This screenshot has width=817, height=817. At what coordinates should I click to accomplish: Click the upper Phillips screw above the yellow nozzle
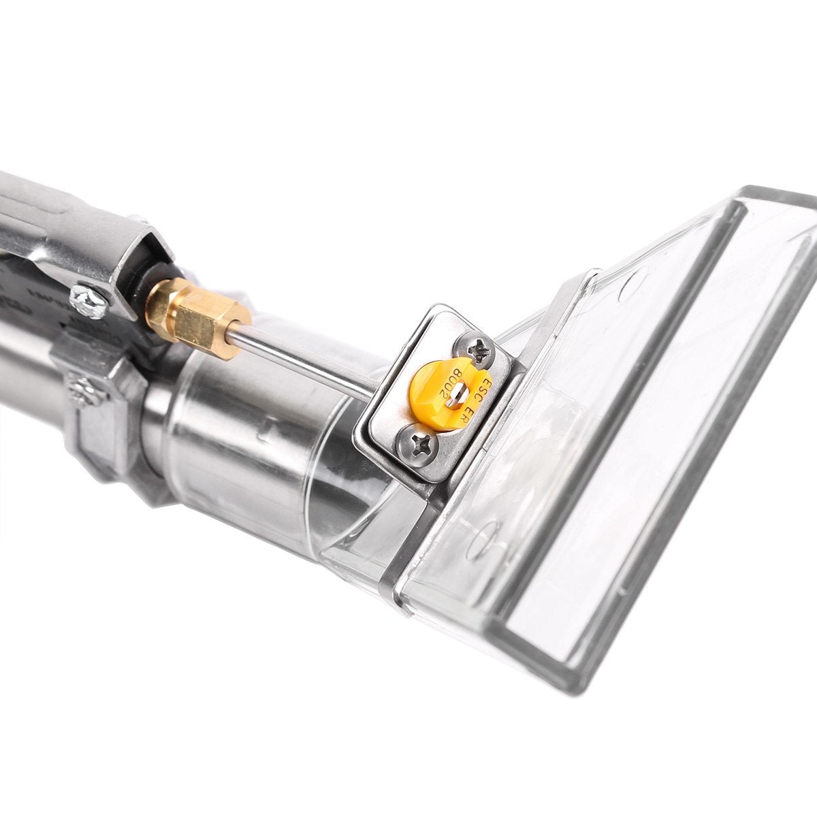(x=484, y=352)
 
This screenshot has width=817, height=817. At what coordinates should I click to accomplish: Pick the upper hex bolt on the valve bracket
(x=86, y=297)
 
